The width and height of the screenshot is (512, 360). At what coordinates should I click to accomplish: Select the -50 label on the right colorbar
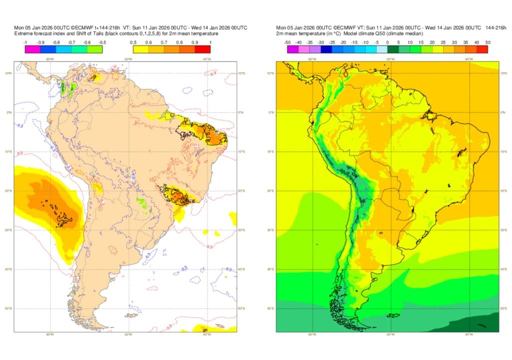pos(287,42)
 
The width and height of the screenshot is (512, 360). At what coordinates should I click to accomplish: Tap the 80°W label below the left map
pos(49,334)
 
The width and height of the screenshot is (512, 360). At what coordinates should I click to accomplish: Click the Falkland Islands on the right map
pos(394,315)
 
